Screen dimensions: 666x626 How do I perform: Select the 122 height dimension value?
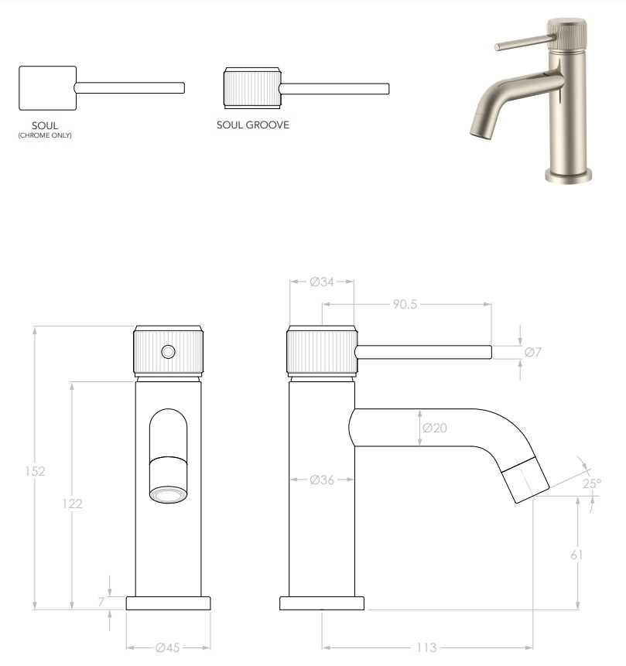pyautogui.click(x=72, y=504)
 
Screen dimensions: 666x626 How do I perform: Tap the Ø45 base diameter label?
pyautogui.click(x=168, y=647)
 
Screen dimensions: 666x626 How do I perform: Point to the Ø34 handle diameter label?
pyautogui.click(x=321, y=282)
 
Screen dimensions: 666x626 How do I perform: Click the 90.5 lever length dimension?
pyautogui.click(x=404, y=305)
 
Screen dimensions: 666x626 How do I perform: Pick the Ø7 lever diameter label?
pyautogui.click(x=532, y=352)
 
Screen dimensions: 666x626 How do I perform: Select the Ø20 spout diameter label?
pyautogui.click(x=435, y=428)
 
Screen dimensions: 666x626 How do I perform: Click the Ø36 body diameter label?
pyautogui.click(x=321, y=480)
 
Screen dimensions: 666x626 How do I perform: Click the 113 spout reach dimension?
pyautogui.click(x=426, y=647)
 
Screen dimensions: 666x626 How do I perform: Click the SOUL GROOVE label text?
pyautogui.click(x=252, y=125)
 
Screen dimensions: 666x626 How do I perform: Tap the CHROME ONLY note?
pyautogui.click(x=45, y=135)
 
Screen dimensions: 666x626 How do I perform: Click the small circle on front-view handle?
pyautogui.click(x=167, y=352)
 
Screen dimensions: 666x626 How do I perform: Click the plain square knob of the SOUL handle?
pyautogui.click(x=46, y=87)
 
